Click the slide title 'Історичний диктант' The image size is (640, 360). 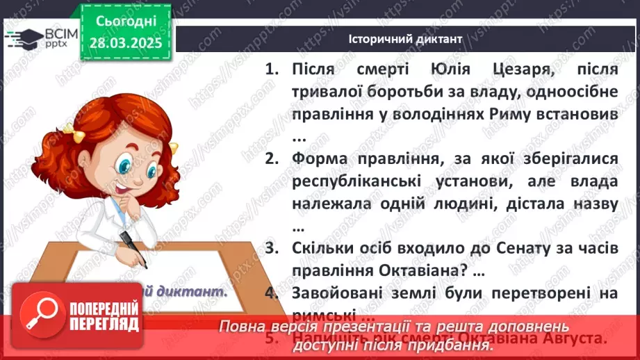tap(405, 39)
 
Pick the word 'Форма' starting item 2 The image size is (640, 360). tap(321, 159)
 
